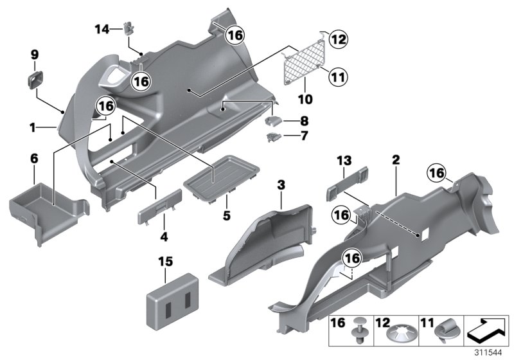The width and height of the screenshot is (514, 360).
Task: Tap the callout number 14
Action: pyautogui.click(x=102, y=28)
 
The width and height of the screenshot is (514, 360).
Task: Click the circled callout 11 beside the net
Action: pyautogui.click(x=337, y=77)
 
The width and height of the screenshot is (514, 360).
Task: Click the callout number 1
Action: pyautogui.click(x=32, y=127)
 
